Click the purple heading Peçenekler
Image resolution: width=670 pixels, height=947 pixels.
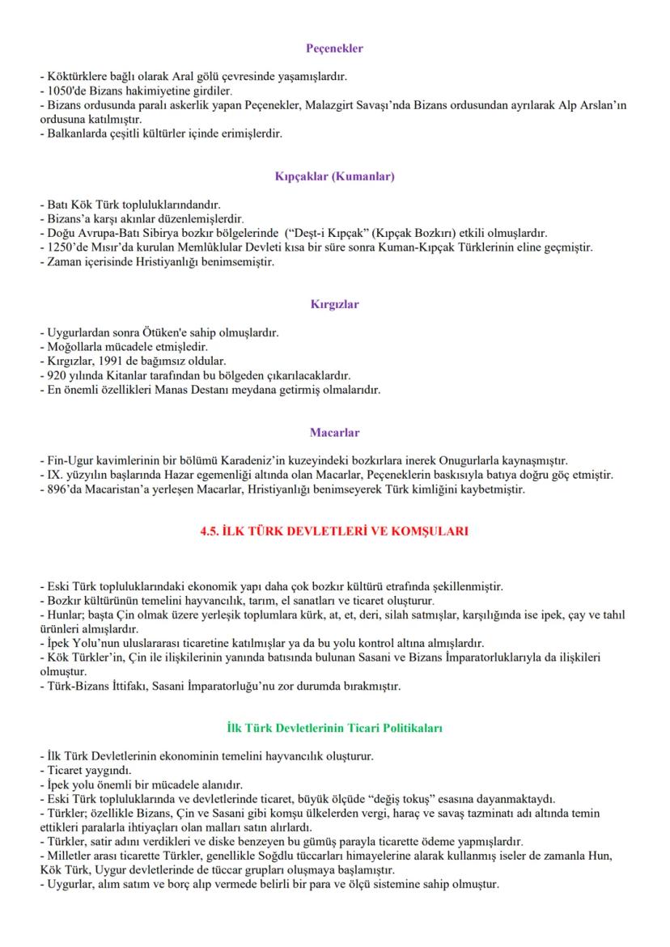[334, 49]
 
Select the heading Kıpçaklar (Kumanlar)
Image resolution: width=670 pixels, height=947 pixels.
[334, 175]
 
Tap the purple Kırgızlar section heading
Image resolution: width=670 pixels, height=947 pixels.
[334, 305]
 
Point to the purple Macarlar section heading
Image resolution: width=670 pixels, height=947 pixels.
[334, 433]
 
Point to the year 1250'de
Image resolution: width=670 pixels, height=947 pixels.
[66, 247]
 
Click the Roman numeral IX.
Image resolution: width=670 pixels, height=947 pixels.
[53, 476]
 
